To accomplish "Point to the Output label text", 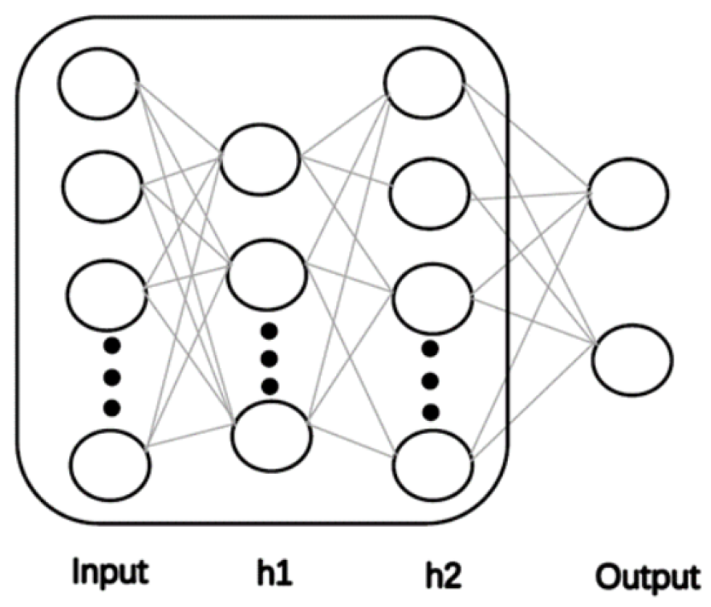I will pos(646,575).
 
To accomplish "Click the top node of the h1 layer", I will pos(260,157).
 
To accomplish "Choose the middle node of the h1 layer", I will pos(267,270).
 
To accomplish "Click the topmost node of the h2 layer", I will pos(423,83).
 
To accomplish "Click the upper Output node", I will pos(630,195).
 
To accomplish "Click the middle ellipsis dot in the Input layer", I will pos(110,375).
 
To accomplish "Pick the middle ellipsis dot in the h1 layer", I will pos(271,358).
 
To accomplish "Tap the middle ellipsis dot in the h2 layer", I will pos(431,380).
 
